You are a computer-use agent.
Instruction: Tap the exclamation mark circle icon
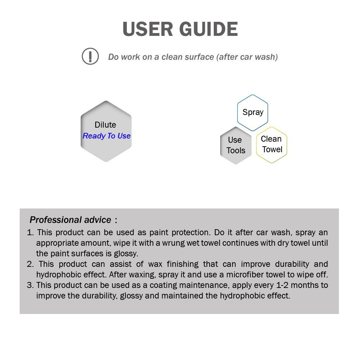tap(90, 56)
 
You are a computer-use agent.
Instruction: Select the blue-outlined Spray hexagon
tap(252, 112)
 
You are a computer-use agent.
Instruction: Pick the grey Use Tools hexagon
tap(236, 145)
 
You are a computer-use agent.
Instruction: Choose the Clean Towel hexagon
tap(271, 144)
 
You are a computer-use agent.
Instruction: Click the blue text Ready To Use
tap(107, 136)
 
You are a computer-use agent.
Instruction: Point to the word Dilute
tap(105, 125)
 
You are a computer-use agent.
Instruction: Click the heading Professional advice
tap(70, 220)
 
